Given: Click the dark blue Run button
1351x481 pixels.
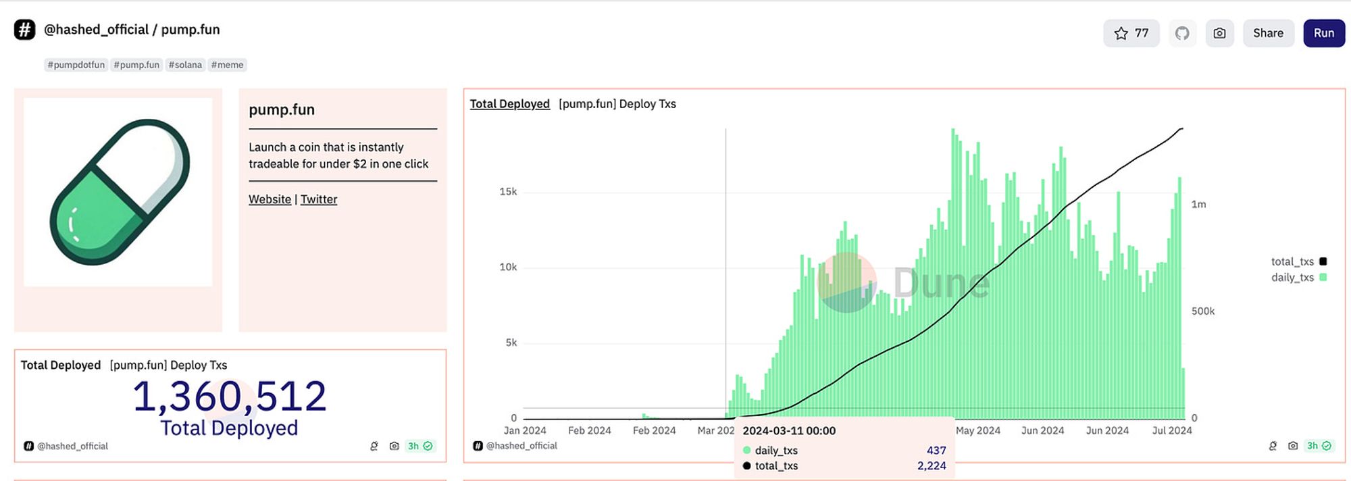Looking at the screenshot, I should coord(1323,33).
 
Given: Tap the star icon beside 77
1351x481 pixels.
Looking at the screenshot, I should coord(1121,33).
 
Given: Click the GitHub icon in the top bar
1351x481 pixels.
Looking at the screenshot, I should coord(1182,33).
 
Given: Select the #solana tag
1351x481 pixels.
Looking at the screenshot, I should coord(185,65).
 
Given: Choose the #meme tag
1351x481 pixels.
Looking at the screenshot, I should coord(227,65).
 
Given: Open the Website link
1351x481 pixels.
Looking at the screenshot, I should coord(270,199).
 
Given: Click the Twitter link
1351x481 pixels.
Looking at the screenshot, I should coord(319,199).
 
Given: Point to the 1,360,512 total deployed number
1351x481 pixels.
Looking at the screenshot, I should coord(230,396).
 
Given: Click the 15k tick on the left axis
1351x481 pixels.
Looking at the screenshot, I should coord(508,192).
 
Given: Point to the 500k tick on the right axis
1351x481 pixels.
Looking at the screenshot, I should coord(1202,311).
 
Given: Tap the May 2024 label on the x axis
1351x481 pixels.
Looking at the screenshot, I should coord(977,430).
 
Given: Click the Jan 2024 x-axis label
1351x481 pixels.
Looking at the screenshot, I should coord(525,430).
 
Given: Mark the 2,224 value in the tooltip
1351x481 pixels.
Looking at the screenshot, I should coord(931,466).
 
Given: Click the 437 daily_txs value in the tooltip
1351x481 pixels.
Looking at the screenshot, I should coord(936,451).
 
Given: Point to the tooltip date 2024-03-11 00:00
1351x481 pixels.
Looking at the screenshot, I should coord(789,431).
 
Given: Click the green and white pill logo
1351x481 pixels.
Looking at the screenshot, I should coord(119,192).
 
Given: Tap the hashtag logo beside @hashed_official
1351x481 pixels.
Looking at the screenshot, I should coord(24,30).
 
